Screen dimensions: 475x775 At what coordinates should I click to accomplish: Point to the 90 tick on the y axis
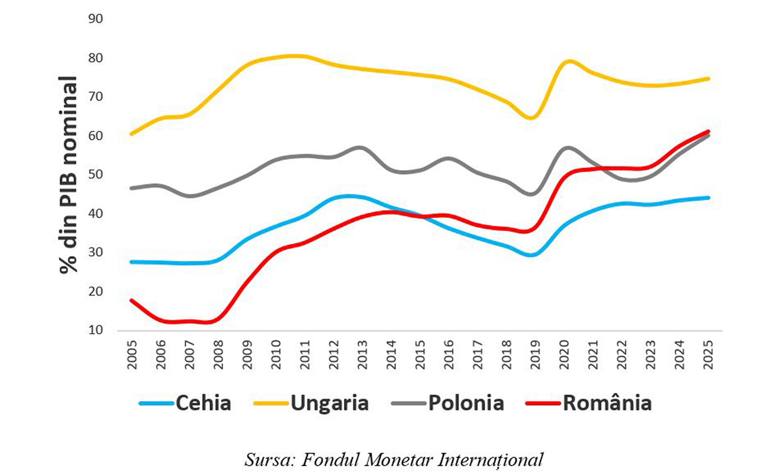(x=96, y=19)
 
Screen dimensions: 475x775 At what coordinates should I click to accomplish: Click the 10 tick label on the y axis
(x=96, y=330)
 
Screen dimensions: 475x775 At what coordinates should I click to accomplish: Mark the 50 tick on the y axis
(x=96, y=174)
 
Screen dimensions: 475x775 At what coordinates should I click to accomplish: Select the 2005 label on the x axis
(x=132, y=354)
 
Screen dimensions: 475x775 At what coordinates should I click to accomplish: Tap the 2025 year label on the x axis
(x=709, y=354)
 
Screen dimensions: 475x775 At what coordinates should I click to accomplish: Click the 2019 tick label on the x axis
(x=535, y=354)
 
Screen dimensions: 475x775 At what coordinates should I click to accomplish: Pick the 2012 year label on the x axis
(x=334, y=354)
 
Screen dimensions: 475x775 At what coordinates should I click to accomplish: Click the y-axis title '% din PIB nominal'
(x=68, y=174)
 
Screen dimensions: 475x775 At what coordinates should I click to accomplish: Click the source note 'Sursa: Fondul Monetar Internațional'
(x=394, y=459)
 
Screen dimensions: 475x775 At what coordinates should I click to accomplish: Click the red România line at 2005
(x=131, y=301)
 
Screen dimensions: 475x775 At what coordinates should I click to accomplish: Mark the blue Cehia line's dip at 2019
(x=533, y=255)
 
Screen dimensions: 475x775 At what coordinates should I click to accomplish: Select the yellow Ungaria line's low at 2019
(x=532, y=118)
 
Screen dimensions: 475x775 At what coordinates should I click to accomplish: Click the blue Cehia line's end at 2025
(x=708, y=198)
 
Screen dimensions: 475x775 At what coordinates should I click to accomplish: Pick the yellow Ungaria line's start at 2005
(x=131, y=134)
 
